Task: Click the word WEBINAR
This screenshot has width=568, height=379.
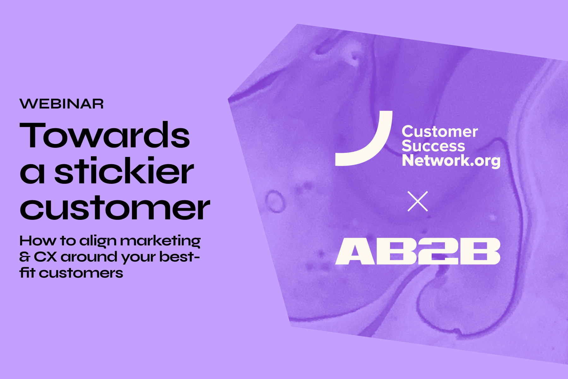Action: point(62,104)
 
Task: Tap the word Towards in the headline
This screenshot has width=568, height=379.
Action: point(105,135)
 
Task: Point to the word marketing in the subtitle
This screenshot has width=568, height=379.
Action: point(160,241)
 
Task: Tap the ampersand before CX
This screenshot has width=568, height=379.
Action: point(24,257)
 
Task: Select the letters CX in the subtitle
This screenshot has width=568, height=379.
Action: point(45,257)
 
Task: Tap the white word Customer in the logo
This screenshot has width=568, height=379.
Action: point(440,131)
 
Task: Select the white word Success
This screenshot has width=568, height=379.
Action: point(433,146)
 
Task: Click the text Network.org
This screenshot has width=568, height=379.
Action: point(451,161)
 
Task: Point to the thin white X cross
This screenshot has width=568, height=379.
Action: point(417,201)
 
